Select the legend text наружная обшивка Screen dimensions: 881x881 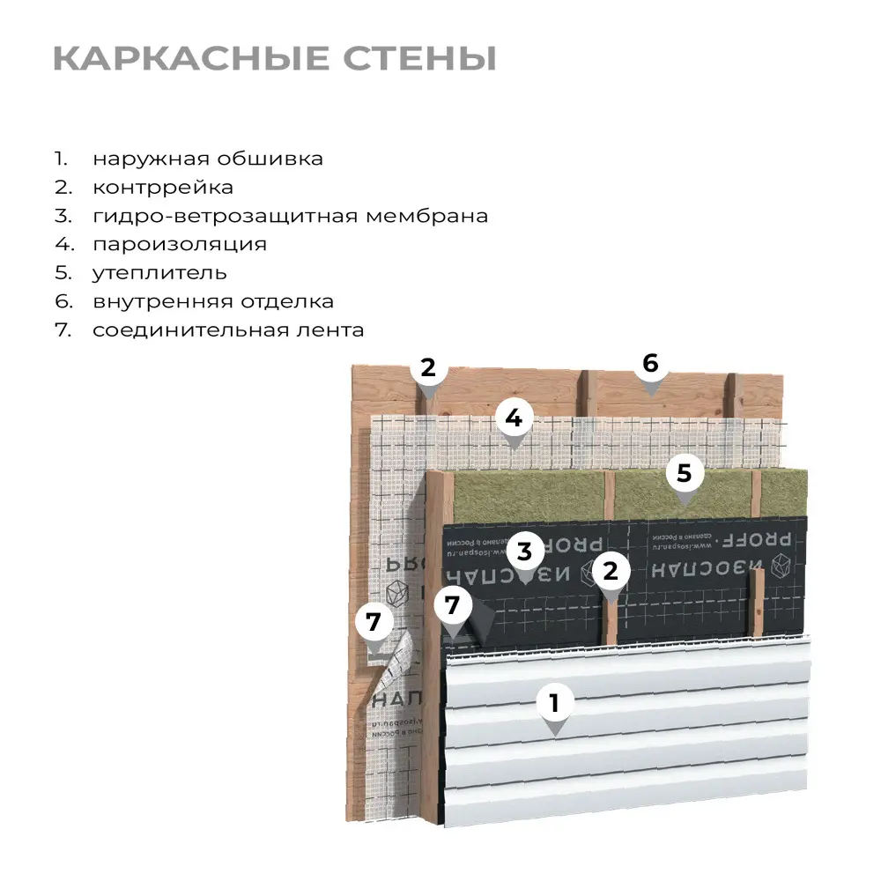point(208,159)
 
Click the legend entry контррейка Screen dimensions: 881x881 point(163,188)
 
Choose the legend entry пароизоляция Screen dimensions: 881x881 point(180,244)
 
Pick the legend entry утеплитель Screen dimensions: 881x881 point(159,273)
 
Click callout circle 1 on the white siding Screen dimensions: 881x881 point(554,703)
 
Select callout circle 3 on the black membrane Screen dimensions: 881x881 point(524,552)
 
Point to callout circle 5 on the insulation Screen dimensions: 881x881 point(685,473)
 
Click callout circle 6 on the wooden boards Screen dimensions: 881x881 point(650,363)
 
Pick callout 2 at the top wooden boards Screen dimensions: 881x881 point(428,368)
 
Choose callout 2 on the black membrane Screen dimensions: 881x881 point(611,571)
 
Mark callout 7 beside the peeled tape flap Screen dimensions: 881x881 point(374,622)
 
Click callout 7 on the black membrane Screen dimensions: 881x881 point(453,605)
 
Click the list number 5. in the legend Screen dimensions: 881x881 point(61,273)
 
